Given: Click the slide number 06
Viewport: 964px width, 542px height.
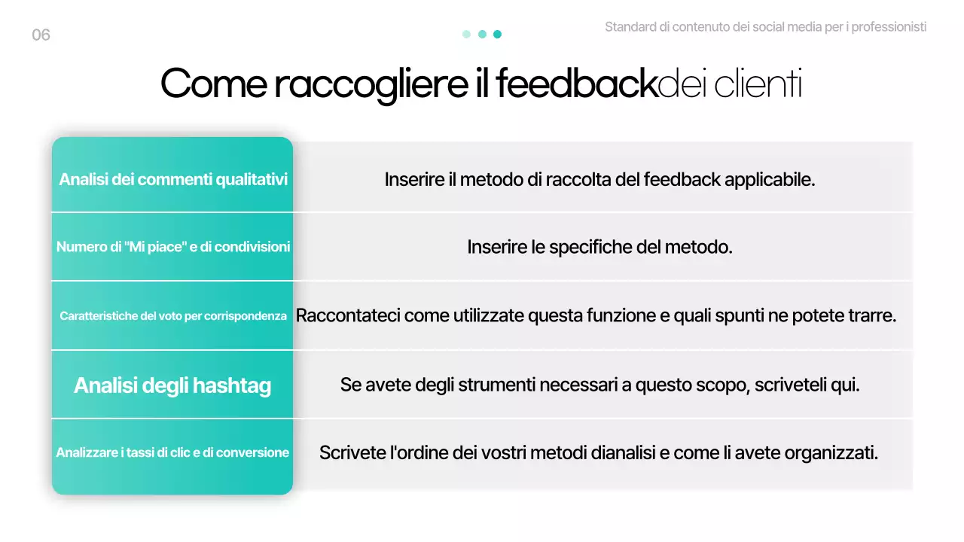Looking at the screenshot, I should coord(41,35).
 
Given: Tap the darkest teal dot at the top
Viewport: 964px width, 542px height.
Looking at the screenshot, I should coord(497,34).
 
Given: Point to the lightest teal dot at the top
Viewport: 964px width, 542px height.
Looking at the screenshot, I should coord(466,34).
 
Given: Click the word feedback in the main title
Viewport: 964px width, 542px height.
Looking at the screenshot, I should coord(576,84).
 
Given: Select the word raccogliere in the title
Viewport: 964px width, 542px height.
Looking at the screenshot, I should coord(370,84).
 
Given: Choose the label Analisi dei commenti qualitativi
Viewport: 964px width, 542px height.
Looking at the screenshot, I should coord(173,180).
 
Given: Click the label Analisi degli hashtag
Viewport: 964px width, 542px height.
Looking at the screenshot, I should coord(172,385).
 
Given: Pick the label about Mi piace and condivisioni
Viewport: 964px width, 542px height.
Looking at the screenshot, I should coord(173,247).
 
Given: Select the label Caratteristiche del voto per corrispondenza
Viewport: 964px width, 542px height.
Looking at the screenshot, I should coord(173,316).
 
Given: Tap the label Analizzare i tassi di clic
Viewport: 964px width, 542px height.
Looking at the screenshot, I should coord(172,452).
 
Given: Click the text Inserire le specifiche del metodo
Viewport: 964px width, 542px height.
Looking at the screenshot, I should coord(599,247).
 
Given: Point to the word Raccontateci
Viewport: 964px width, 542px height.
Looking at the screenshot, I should coord(347,315).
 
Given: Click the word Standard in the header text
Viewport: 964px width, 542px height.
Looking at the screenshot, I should coord(630,27).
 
